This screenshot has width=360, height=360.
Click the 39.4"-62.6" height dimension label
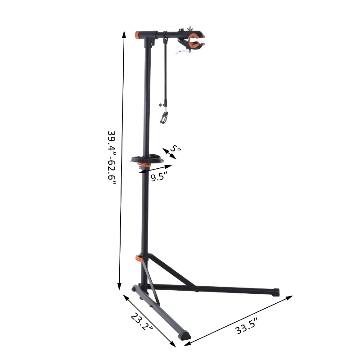112,158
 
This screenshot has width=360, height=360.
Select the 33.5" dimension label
246,326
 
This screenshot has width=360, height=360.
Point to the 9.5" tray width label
159,177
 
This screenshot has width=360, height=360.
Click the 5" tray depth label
175,148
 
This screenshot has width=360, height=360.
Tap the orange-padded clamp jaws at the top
196,41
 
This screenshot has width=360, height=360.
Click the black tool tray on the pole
148,159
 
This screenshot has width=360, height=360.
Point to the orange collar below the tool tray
144,165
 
